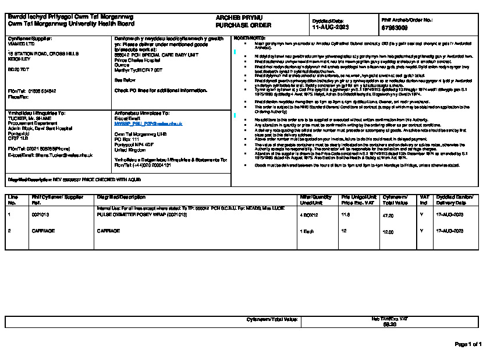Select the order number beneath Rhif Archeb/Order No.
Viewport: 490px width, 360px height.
(395, 27)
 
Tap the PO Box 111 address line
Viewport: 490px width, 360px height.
(128, 140)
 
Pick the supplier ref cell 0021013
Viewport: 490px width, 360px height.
(40, 215)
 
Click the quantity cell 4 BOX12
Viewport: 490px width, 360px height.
(309, 215)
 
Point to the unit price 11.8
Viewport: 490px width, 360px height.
(345, 215)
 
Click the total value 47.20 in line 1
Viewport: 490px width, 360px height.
(388, 215)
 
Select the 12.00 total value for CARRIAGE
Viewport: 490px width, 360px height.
(388, 231)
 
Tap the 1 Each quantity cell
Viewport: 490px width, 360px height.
(307, 231)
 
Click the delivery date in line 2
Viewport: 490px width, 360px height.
(450, 231)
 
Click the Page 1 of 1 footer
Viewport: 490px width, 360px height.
(468, 344)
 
